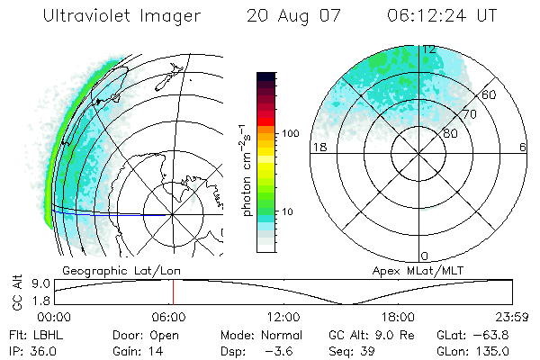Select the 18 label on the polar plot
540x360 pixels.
click(319, 147)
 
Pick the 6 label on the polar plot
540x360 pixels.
click(522, 147)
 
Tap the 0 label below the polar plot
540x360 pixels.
click(425, 256)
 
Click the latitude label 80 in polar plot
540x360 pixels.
click(449, 133)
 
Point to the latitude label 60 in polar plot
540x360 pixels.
click(490, 94)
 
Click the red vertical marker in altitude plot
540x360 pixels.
click(173, 292)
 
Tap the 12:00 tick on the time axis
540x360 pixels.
click(283, 316)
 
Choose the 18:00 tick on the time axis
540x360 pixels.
click(397, 316)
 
